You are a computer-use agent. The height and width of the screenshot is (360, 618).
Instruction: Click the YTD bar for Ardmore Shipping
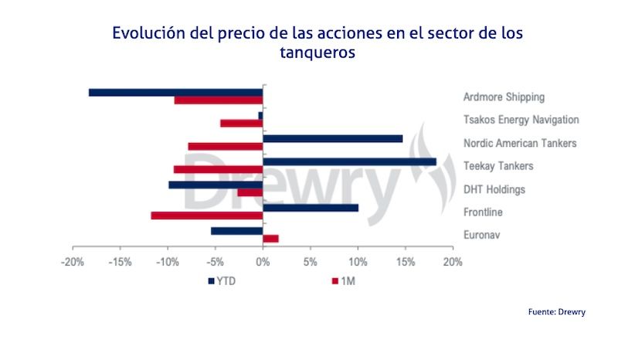175,92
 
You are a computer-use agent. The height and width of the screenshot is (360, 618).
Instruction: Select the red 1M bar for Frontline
206,216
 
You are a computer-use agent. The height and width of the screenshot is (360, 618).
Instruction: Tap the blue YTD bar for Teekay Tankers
349,161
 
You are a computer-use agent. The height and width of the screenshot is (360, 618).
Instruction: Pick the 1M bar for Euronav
270,239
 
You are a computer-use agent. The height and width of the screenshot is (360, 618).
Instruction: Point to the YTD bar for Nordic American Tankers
332,138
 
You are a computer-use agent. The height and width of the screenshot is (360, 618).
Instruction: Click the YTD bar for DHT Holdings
216,185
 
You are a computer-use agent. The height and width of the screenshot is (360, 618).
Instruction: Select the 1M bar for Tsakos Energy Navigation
241,123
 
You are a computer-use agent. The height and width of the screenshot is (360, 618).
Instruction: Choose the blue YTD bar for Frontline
311,208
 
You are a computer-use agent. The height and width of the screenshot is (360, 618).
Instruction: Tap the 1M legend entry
343,281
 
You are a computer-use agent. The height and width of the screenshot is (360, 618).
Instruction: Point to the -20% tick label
73,262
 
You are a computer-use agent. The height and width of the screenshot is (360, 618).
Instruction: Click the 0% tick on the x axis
263,262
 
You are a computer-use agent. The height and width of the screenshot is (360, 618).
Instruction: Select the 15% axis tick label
405,262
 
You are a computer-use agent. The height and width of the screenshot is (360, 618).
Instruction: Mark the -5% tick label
216,262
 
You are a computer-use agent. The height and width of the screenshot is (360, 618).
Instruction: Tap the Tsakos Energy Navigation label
521,120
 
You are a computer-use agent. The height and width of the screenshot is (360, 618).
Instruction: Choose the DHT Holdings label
494,189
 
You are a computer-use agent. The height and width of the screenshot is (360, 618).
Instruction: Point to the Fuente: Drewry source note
557,311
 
